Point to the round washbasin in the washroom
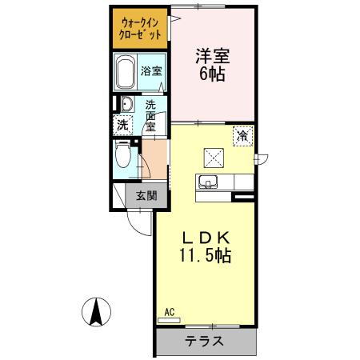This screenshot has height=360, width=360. click(x=125, y=104)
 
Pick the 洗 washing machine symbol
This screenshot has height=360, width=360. click(x=122, y=125)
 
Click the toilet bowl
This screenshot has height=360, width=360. click(x=122, y=155)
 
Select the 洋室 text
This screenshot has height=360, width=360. click(x=212, y=57)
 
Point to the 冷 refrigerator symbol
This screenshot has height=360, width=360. click(x=241, y=136)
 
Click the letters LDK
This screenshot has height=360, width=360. click(x=204, y=237)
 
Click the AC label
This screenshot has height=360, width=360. click(x=169, y=312)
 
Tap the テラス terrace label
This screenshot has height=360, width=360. click(x=205, y=342)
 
